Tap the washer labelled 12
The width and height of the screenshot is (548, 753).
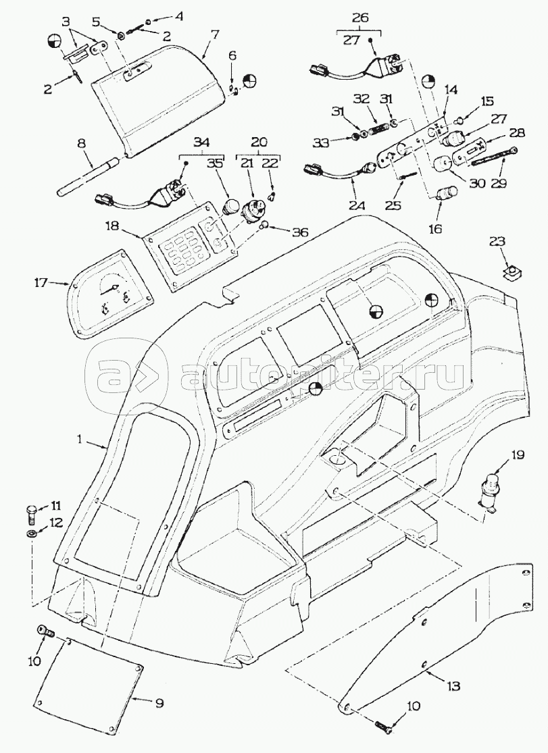[x=32, y=535]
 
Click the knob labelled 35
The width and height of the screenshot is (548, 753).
[x=230, y=205]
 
